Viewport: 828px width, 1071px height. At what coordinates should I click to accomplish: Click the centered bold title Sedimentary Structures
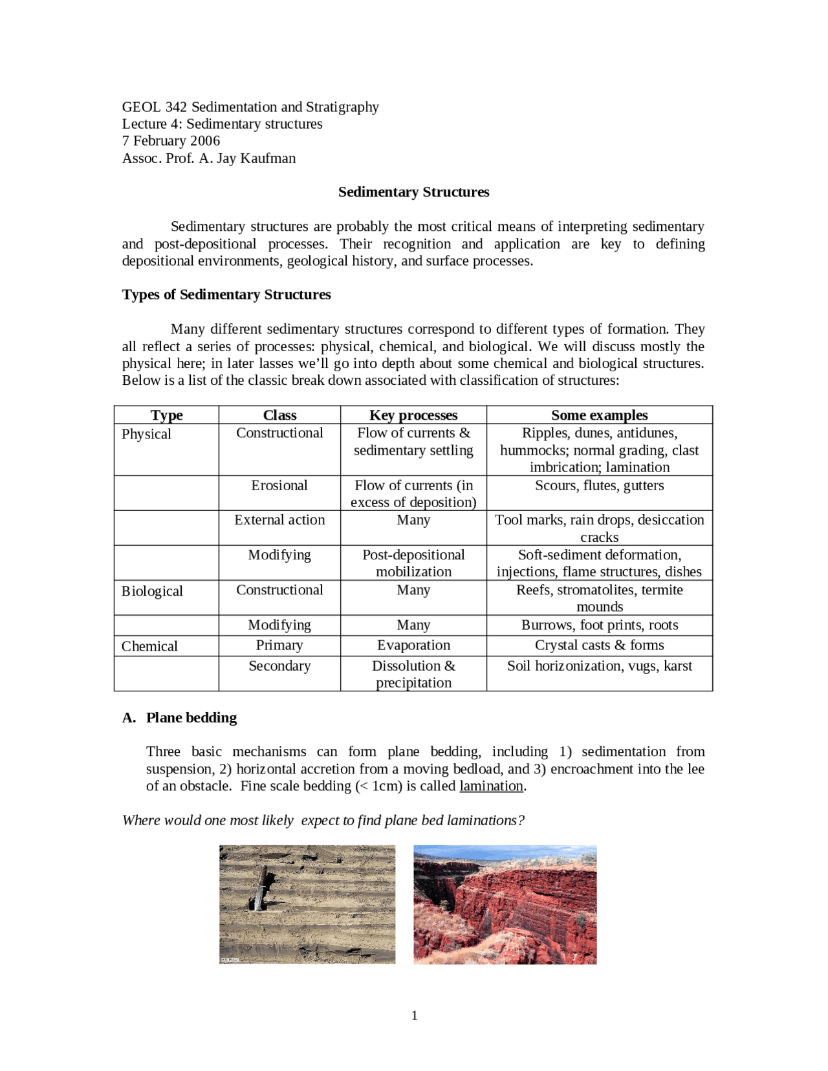tap(413, 192)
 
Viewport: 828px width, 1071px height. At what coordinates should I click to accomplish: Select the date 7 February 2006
tap(171, 141)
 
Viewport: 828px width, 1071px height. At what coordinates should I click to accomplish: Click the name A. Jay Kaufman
tap(247, 158)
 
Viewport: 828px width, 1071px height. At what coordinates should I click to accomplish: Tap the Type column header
tap(166, 415)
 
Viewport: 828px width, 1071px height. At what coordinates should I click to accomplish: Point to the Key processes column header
tap(413, 415)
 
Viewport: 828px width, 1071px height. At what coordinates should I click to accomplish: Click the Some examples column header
tap(599, 415)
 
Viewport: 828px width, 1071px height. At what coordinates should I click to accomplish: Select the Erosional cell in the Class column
tap(279, 486)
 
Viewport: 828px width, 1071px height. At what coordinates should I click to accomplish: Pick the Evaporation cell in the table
tap(413, 645)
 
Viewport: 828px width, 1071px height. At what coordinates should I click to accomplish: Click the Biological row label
tap(152, 591)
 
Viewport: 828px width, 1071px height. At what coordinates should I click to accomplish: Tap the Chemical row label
tap(149, 647)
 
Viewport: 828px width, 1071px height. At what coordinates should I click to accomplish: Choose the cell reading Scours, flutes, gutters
tap(599, 486)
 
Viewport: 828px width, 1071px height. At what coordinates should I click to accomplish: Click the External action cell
tap(279, 520)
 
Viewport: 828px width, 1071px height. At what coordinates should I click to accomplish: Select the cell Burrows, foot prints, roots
tap(599, 625)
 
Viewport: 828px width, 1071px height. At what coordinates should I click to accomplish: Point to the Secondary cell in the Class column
tap(279, 666)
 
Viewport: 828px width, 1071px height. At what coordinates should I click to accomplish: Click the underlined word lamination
tap(491, 786)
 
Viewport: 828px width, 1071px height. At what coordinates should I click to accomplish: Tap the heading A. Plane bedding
tap(180, 718)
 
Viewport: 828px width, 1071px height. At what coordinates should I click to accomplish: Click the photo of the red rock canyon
tap(505, 904)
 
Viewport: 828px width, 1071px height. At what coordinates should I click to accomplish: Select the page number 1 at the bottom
tap(414, 1015)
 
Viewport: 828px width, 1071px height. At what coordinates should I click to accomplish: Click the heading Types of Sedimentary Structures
tap(226, 295)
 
